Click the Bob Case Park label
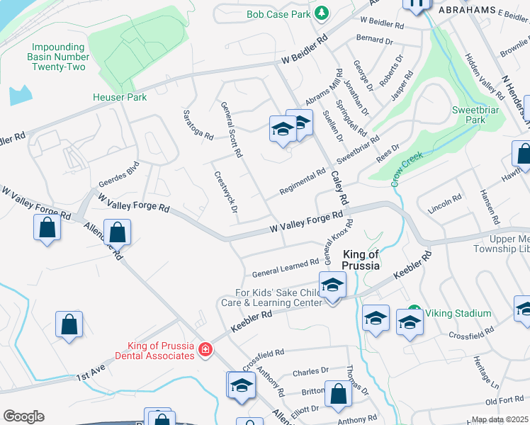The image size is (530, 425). pos(279,14)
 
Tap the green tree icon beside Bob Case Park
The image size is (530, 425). pos(322,13)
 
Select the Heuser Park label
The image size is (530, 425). pos(120,97)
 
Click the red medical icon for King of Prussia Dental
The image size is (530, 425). pos(205,349)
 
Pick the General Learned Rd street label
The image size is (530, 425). pos(286,268)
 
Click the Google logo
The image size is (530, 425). pos(23,416)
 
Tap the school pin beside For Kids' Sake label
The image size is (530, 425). pos(331,285)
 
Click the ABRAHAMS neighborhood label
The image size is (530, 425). pos(467,11)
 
